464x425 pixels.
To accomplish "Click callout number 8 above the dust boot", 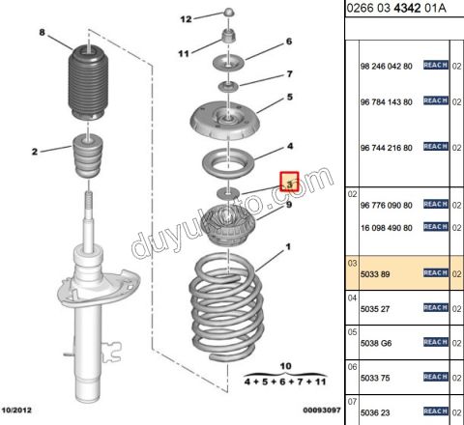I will pyautogui.click(x=42, y=33).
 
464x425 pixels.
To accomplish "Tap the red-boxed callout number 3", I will pyautogui.click(x=288, y=181).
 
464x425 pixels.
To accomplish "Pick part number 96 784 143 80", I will pyautogui.click(x=387, y=100).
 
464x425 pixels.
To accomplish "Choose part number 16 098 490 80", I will pyautogui.click(x=387, y=227).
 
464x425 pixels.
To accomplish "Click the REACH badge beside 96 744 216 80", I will pyautogui.click(x=435, y=147).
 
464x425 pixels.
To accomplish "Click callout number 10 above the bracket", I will pyautogui.click(x=283, y=367).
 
